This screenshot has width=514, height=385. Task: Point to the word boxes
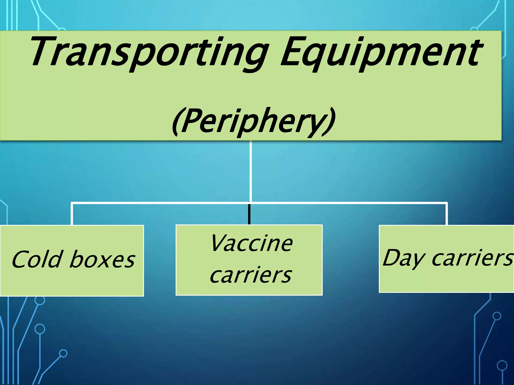(102, 259)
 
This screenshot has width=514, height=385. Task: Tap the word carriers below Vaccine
(251, 275)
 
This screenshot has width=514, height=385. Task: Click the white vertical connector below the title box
(250, 170)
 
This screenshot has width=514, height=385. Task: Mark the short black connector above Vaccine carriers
(249, 214)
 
